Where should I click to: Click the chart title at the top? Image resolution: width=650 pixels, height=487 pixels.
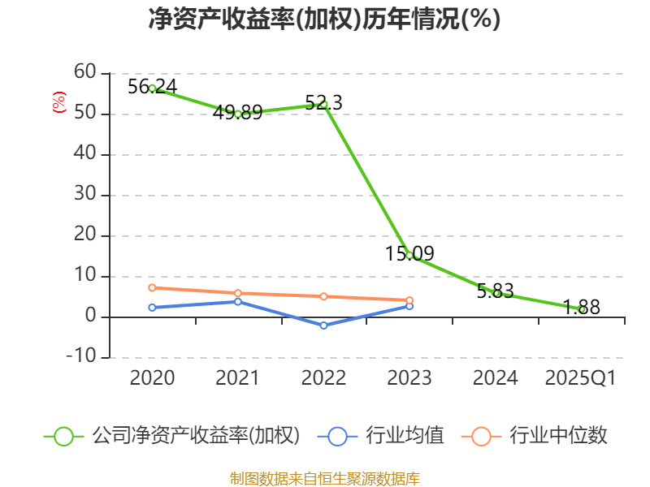324,19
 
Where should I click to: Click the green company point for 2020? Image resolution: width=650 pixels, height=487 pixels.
152,88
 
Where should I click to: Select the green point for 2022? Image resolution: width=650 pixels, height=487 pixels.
323,104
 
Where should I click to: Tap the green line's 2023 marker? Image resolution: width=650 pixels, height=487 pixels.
409,255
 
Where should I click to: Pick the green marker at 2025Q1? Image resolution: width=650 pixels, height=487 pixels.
582,309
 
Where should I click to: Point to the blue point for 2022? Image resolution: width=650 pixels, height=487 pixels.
323,325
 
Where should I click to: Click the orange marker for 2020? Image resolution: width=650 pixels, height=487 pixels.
152,287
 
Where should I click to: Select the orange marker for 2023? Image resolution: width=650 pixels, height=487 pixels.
409,300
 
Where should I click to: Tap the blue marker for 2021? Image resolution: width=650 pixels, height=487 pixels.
238,301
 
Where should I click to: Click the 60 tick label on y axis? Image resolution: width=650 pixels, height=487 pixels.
84,74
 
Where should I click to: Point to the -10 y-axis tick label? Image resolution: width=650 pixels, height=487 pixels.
80,357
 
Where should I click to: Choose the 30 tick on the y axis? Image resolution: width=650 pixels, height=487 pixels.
84,196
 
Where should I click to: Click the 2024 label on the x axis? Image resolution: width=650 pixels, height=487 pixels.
496,378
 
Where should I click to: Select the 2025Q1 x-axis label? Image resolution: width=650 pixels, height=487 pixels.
581,378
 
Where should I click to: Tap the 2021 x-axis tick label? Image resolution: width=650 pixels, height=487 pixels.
237,378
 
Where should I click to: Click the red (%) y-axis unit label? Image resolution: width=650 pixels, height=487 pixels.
58,102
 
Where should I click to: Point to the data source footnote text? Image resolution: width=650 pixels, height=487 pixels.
324,478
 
